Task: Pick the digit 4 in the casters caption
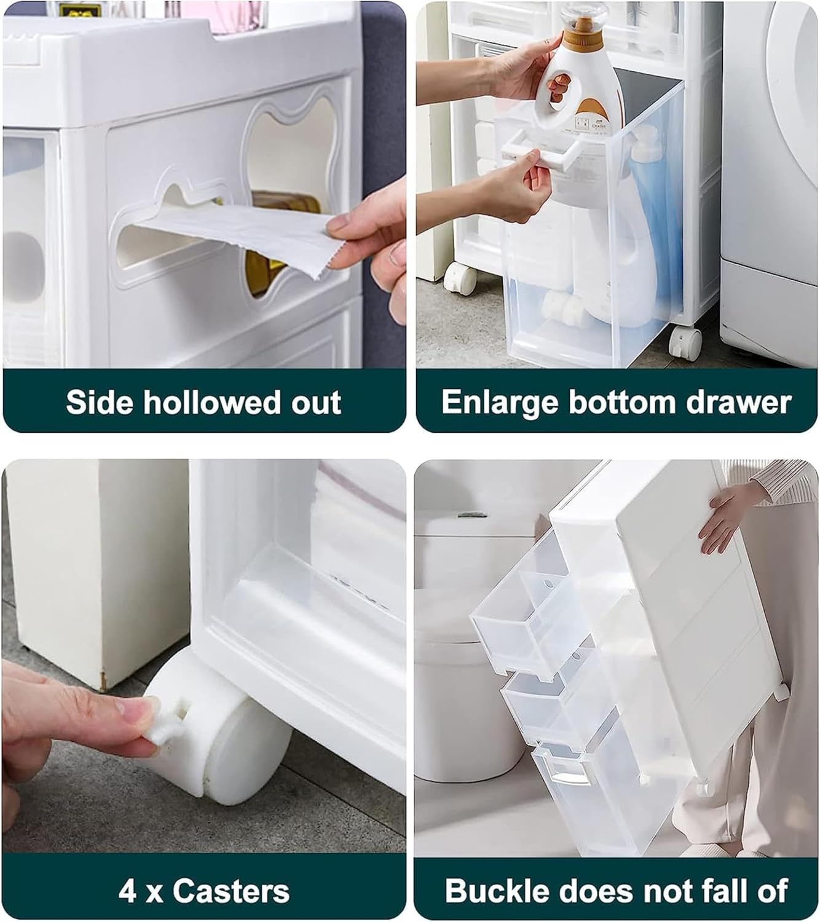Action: [x=127, y=891]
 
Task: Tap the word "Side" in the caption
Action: [x=99, y=403]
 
